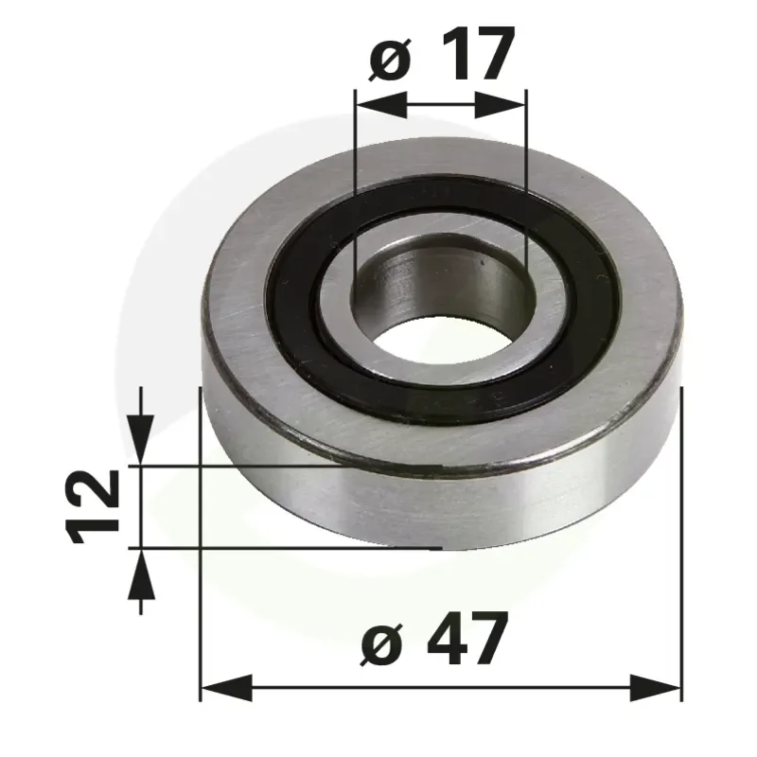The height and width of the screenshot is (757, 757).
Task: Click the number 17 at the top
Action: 477,53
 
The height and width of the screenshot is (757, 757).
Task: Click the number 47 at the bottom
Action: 468,638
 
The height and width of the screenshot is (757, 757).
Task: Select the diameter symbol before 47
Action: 381,643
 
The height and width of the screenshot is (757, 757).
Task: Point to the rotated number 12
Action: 92,506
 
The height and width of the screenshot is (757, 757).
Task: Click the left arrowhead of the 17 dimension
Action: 381,104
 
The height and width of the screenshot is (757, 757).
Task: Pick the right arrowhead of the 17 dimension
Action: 500,104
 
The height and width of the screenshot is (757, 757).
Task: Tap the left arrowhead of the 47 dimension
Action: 226,688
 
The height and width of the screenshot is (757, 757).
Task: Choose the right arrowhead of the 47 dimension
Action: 655,688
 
